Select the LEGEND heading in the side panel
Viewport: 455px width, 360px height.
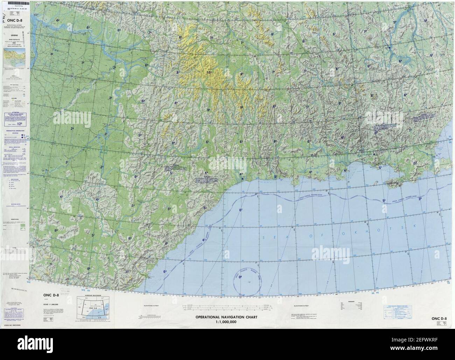tap(14, 35)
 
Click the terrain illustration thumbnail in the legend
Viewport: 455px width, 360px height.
tap(14, 56)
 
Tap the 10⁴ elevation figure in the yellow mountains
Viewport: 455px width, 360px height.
tap(209, 73)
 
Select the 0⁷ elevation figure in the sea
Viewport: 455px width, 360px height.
tap(240, 210)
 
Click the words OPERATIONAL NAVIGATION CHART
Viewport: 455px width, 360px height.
tap(226, 317)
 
